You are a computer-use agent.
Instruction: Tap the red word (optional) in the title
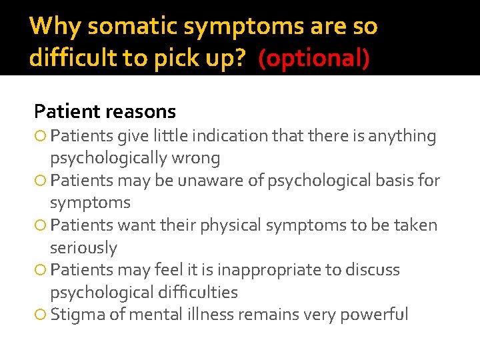tap(313, 59)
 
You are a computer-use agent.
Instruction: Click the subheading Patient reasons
tap(105, 111)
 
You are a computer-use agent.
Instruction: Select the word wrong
tap(197, 158)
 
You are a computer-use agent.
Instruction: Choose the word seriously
tap(83, 248)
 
